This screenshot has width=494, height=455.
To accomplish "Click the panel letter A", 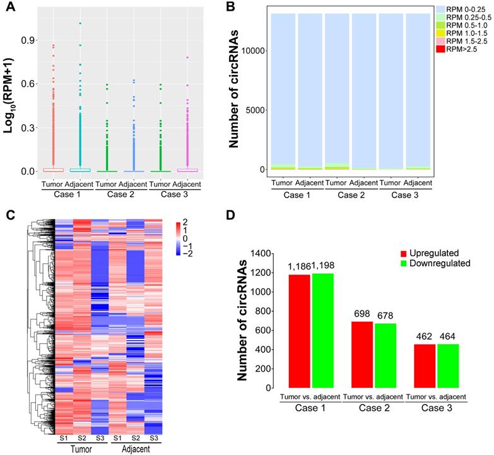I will pyautogui.click(x=9, y=8).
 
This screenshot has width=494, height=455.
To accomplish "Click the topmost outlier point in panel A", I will pyautogui.click(x=80, y=23).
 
